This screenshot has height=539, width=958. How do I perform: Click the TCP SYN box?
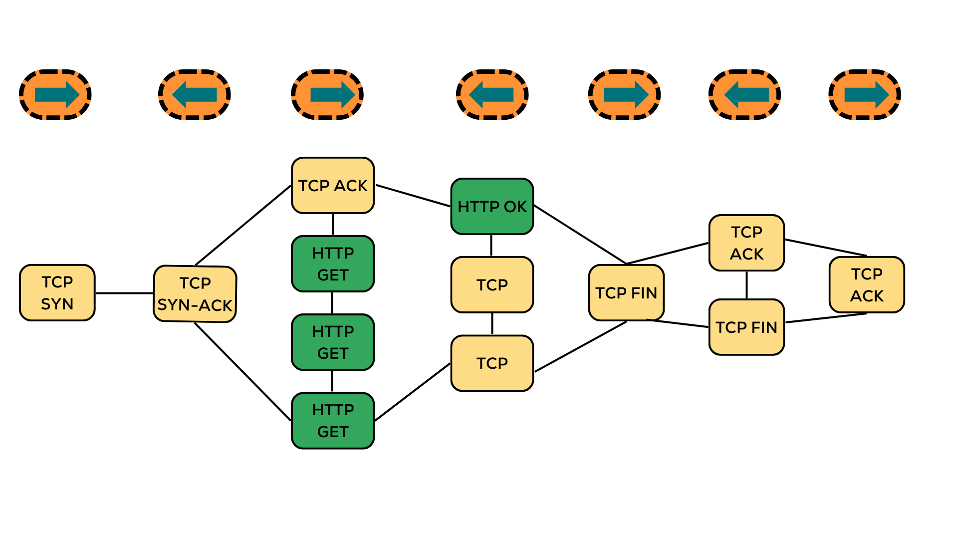(x=57, y=292)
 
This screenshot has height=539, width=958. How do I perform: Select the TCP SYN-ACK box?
(x=195, y=293)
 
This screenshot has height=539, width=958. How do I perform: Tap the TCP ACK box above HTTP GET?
(x=333, y=186)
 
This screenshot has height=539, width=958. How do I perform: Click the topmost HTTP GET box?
(x=333, y=264)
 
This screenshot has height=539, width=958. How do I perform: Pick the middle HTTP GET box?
(x=333, y=342)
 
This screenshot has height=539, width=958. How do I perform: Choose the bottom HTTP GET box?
(x=333, y=420)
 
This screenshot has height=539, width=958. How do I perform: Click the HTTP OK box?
(x=492, y=206)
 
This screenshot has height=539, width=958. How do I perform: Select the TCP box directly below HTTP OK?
(x=492, y=284)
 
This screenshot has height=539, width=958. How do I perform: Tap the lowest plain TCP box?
(x=492, y=363)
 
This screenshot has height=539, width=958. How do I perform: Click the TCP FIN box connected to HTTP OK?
(x=626, y=292)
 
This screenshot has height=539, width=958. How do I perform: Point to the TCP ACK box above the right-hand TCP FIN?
(x=746, y=243)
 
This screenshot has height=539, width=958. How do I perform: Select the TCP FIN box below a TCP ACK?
(x=746, y=327)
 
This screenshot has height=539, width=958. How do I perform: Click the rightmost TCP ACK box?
(x=867, y=284)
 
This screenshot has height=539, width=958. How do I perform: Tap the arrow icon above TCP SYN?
(x=55, y=94)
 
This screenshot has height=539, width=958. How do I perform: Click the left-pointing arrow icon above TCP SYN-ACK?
(x=194, y=94)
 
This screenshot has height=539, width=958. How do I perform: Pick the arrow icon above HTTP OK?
(x=492, y=94)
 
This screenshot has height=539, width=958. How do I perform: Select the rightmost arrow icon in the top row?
(x=865, y=94)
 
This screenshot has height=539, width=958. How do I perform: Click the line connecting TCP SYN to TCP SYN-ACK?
(x=124, y=293)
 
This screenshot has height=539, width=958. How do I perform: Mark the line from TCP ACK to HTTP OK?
(x=413, y=196)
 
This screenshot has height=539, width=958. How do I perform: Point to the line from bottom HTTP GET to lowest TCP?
(x=412, y=392)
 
